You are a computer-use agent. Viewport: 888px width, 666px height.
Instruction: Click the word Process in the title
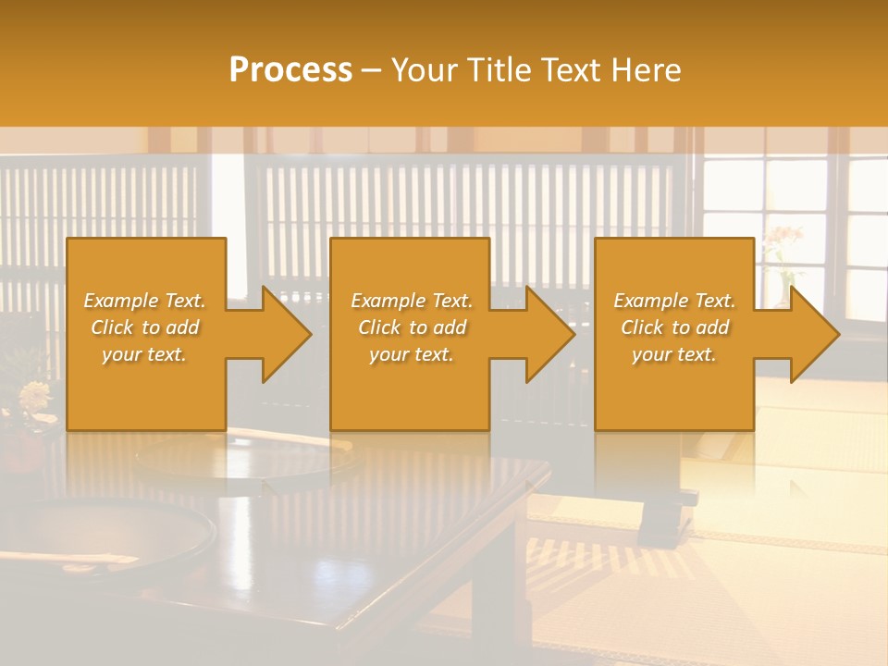point(290,70)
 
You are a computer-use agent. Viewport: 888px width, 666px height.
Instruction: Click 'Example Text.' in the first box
point(145,301)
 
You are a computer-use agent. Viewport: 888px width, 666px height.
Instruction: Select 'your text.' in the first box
point(145,354)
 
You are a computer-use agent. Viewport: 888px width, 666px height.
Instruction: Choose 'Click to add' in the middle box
point(412,327)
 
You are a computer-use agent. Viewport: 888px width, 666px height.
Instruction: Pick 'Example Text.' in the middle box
point(412,301)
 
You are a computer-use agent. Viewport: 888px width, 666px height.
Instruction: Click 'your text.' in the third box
point(674,354)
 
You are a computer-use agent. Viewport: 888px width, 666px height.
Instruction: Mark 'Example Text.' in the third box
point(674,301)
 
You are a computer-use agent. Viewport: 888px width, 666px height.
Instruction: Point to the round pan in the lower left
point(102,536)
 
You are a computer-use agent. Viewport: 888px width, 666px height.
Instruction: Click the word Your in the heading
point(421,70)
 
